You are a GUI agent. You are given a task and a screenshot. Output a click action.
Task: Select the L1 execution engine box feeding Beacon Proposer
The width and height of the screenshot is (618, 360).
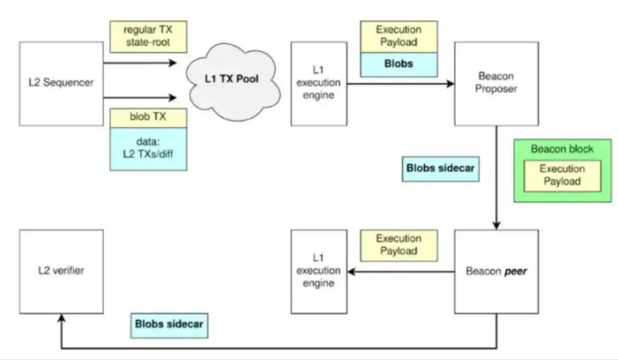pyautogui.click(x=318, y=83)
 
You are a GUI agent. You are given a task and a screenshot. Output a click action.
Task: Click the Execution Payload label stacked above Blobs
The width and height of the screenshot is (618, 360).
pyautogui.click(x=399, y=34)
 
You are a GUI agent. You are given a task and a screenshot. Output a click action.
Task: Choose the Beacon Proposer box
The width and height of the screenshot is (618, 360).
pyautogui.click(x=496, y=83)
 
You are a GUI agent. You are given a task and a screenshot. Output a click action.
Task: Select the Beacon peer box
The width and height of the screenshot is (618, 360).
pyautogui.click(x=496, y=271)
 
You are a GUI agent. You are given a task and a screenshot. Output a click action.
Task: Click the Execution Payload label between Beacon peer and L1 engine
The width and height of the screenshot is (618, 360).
pyautogui.click(x=399, y=244)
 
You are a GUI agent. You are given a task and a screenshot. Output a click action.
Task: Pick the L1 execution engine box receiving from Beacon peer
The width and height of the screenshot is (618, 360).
pyautogui.click(x=318, y=271)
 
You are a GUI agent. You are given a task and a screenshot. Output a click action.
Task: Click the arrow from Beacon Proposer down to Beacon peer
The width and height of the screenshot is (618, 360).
pyautogui.click(x=496, y=178)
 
